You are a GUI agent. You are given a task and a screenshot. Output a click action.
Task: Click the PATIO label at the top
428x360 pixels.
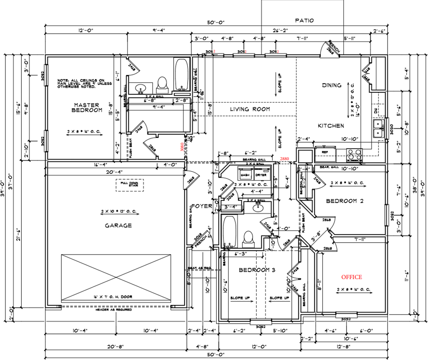pos(304,20)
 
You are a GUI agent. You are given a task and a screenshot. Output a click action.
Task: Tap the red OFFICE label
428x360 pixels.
pos(351,277)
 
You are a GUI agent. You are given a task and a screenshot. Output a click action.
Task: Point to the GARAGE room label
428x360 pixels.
pos(118,225)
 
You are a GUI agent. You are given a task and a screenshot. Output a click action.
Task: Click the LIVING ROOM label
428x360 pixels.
pos(250,109)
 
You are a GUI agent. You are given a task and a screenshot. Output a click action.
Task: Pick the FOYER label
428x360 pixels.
pos(202,206)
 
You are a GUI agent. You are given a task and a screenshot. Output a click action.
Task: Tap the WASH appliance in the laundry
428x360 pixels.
pos(245,175)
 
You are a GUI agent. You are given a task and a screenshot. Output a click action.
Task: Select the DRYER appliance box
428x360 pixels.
pos(261,175)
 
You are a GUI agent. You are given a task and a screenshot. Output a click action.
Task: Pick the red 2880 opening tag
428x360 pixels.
pos(285,159)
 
